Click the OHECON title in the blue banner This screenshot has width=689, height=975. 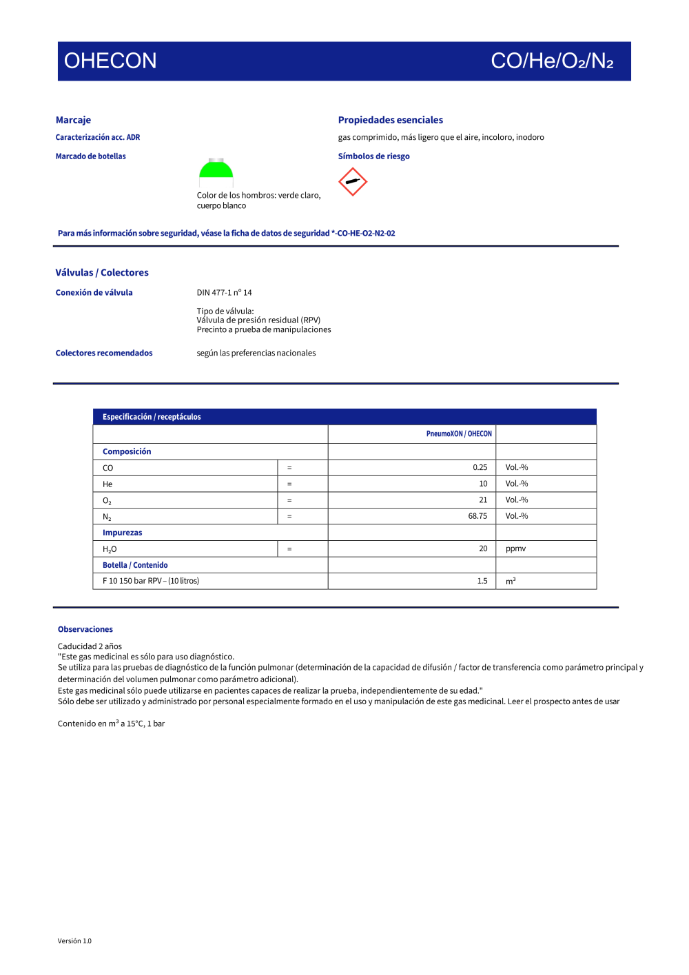tap(110, 61)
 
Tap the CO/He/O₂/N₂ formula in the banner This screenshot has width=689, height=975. tap(552, 61)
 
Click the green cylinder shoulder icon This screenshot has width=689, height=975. tap(216, 169)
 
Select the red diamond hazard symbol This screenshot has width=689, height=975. tap(353, 182)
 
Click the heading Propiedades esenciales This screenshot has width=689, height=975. tap(390, 120)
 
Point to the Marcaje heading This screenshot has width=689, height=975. tap(73, 120)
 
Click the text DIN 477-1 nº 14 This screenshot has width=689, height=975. tap(224, 292)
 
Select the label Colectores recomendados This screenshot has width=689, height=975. tap(104, 353)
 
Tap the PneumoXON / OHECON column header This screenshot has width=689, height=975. tap(459, 433)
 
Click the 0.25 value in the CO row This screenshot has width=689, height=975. tap(480, 467)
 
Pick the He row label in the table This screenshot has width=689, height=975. tap(107, 484)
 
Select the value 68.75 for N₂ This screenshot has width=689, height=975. tap(477, 516)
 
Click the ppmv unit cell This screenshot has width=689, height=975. tap(515, 548)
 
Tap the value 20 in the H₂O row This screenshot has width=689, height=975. tap(483, 548)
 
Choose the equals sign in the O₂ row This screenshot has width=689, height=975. tap(289, 500)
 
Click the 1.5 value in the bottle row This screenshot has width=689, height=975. tap(482, 581)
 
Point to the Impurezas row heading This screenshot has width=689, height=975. tap(123, 533)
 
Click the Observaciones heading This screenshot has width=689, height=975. tap(85, 629)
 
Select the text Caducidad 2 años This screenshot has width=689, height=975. tap(90, 646)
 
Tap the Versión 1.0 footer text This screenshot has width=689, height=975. tap(74, 941)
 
